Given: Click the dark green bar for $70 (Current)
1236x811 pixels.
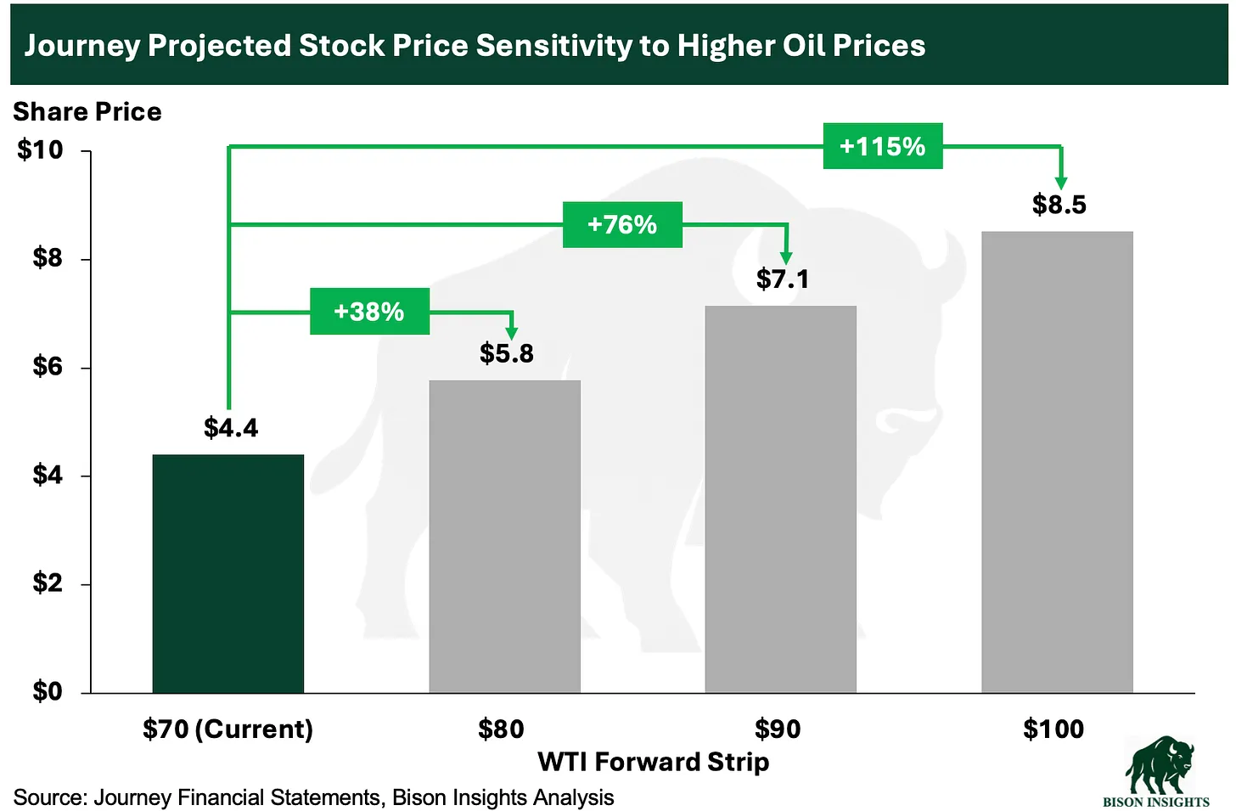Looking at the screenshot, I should (x=228, y=573).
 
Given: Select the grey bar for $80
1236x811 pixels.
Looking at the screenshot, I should (x=504, y=536).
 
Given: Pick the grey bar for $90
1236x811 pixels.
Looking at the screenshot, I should (x=780, y=498).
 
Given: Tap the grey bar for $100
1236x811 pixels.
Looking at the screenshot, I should (x=1057, y=462).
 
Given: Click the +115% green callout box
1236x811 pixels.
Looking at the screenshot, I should (x=882, y=146).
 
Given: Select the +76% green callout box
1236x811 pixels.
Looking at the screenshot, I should (x=622, y=224).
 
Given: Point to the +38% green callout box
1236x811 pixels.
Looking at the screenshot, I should (x=369, y=311).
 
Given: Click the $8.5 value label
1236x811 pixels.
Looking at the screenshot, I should (x=1059, y=205).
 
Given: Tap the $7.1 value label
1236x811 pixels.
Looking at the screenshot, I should (x=782, y=279).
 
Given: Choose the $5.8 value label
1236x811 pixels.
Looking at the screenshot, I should (x=506, y=353).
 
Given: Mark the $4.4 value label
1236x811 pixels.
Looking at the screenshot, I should (x=230, y=427).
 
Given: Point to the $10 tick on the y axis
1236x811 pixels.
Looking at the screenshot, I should (x=40, y=150).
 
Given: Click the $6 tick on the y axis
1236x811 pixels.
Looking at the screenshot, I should (x=48, y=367).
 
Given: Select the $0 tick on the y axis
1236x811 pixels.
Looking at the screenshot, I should (x=48, y=691).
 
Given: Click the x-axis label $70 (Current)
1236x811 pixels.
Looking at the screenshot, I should (x=228, y=729).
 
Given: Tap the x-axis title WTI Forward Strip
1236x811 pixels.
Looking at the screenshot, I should (x=653, y=762).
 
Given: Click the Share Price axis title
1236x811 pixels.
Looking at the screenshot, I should (x=87, y=112).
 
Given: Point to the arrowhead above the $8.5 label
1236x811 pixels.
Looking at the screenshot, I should (x=1060, y=182).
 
